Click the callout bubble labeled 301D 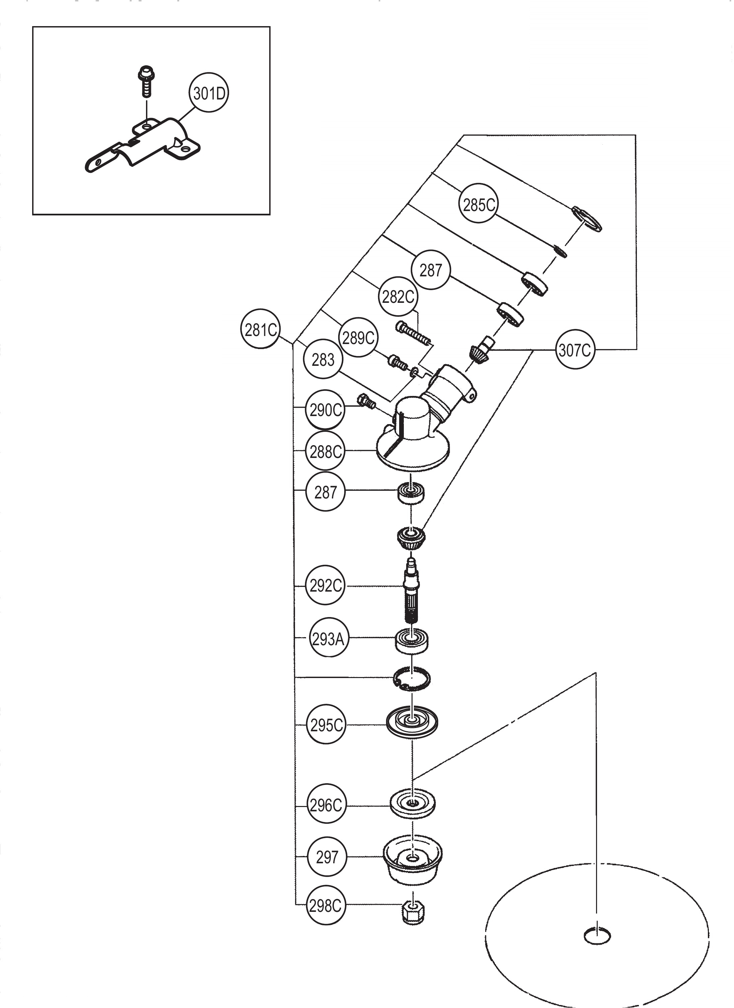pos(209,94)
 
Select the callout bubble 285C pos(479,205)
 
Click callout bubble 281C pos(261,330)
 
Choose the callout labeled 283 pos(323,359)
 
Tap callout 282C pos(398,296)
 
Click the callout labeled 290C pos(325,410)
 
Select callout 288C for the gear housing pos(325,452)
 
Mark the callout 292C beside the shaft pos(325,586)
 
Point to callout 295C pos(326,725)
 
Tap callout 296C pos(326,805)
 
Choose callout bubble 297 pos(326,857)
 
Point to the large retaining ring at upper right pos(587,219)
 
